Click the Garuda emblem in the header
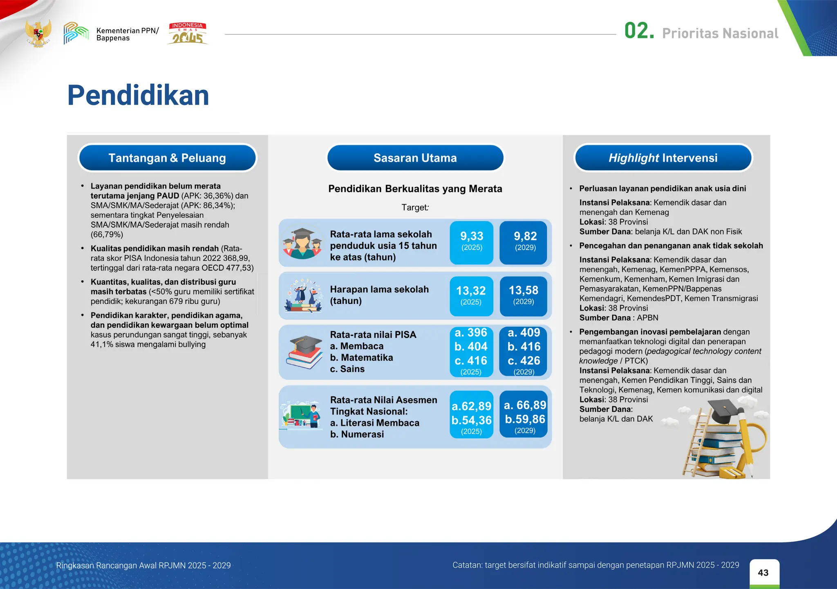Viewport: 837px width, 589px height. click(x=38, y=33)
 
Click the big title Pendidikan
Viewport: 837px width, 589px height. click(x=138, y=96)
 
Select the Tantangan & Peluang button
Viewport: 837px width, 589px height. click(x=167, y=158)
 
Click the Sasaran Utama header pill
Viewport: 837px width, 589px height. click(x=415, y=158)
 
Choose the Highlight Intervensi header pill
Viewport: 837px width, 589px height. click(x=663, y=158)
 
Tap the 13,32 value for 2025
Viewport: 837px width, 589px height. click(x=471, y=291)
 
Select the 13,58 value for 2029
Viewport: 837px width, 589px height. click(x=524, y=290)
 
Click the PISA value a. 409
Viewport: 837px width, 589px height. click(x=524, y=333)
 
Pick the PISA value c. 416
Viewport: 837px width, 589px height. click(x=471, y=361)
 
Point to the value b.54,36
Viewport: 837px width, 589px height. click(x=471, y=420)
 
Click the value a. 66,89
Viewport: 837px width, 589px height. click(x=525, y=405)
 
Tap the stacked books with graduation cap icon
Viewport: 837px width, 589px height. click(x=304, y=352)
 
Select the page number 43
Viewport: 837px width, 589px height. click(x=763, y=573)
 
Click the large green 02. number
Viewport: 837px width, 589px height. click(x=639, y=31)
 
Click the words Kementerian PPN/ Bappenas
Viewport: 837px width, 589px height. click(x=127, y=34)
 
